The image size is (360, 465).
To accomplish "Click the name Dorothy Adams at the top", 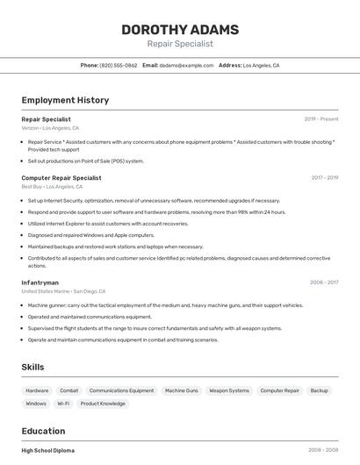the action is click(179, 29).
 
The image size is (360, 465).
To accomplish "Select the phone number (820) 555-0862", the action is click(119, 65).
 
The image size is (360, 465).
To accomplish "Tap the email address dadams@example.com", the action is click(186, 65).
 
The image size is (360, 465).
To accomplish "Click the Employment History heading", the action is click(65, 100).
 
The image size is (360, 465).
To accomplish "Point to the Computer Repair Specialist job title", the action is click(61, 178).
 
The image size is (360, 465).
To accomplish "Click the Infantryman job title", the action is click(40, 283).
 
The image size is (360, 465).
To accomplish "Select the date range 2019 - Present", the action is click(321, 119).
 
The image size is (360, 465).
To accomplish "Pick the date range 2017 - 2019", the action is click(325, 178).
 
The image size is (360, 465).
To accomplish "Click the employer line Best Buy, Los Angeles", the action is click(52, 187).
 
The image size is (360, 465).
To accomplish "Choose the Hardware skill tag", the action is click(37, 390).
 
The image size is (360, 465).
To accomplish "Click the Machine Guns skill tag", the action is click(182, 390).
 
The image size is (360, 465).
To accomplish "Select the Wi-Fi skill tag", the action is click(63, 404).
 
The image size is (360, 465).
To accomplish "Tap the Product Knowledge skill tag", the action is click(103, 404).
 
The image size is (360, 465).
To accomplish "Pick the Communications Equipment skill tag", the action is click(121, 390).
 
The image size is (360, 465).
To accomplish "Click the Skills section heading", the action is click(33, 367).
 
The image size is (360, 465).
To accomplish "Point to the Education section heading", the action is click(43, 431).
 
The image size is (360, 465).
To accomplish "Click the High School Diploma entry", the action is click(48, 450).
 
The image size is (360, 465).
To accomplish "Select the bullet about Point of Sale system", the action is click(86, 161).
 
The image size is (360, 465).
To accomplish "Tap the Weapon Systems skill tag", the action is click(229, 390).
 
